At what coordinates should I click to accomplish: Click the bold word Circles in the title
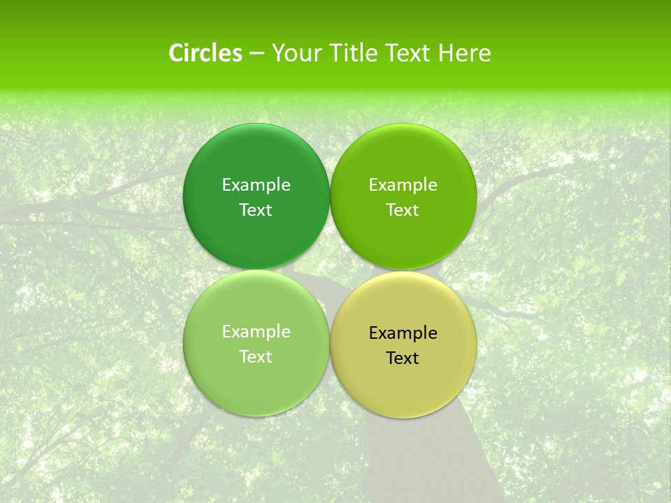click(205, 53)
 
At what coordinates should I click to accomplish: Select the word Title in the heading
click(354, 53)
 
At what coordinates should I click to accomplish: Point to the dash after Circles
click(257, 54)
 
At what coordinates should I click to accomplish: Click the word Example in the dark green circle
click(256, 184)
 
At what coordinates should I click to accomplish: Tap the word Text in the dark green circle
click(256, 210)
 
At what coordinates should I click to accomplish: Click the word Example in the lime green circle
click(403, 184)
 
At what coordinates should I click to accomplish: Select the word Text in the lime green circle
click(403, 210)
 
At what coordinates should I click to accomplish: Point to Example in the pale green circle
click(256, 331)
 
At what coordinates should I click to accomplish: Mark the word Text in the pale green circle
click(256, 356)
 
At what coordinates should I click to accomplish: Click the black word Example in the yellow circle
click(403, 333)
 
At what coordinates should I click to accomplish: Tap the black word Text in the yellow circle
click(403, 358)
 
